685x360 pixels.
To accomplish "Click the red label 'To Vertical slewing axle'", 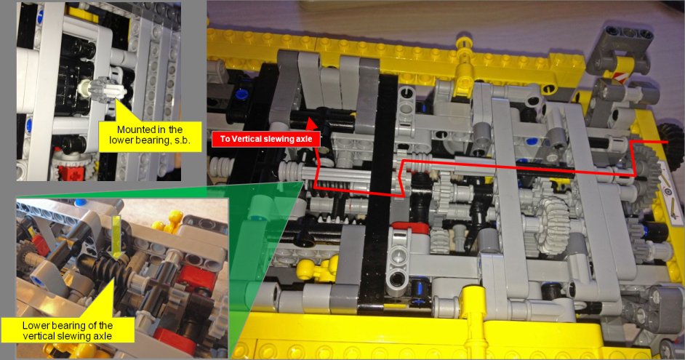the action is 265,139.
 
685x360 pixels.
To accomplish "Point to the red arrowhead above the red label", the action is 311,124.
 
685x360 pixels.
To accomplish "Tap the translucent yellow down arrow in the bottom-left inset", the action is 116,236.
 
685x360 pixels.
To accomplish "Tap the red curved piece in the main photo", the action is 410,228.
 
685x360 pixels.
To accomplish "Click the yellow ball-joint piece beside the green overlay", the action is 316,269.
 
